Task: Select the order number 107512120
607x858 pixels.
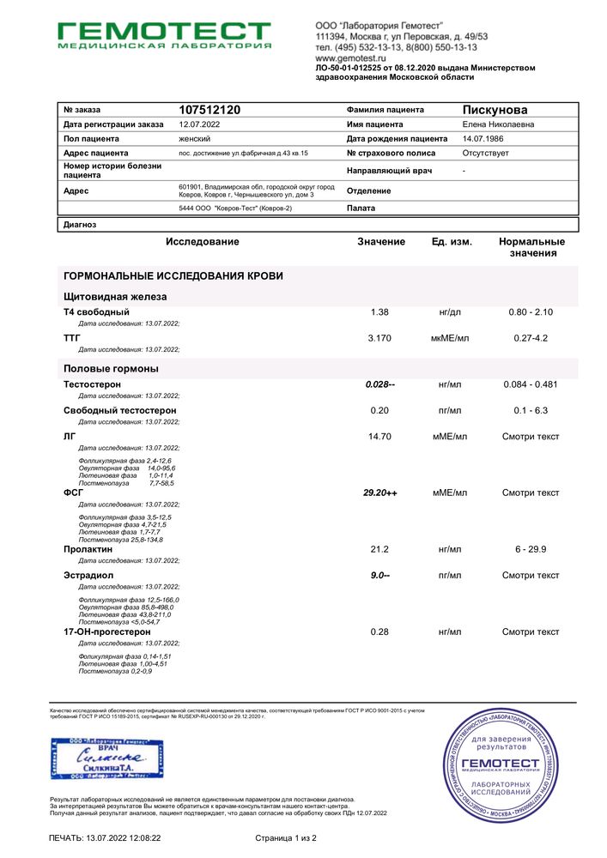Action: (209, 110)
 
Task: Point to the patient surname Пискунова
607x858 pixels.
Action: (495, 110)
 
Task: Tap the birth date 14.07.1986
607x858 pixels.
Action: (486, 138)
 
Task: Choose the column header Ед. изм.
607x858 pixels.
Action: (452, 242)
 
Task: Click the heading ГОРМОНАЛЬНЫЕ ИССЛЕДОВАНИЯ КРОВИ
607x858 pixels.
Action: (173, 275)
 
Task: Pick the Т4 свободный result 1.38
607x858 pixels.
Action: (379, 312)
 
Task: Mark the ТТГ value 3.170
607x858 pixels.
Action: (379, 338)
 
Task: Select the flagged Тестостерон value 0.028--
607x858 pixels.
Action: (380, 384)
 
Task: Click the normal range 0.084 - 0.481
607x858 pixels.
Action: (530, 384)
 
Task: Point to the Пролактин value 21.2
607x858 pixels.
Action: (379, 549)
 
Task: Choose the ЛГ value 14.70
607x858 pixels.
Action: (379, 437)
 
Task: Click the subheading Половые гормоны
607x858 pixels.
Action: (111, 368)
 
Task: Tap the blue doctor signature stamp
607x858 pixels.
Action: (107, 757)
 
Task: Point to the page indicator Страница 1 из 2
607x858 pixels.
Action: (286, 837)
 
